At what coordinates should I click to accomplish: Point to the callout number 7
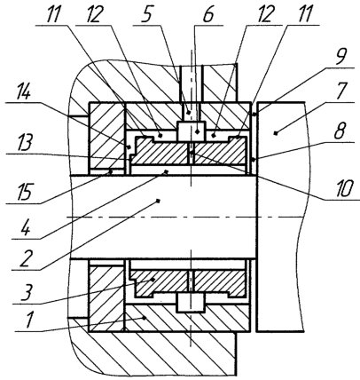tap(341, 91)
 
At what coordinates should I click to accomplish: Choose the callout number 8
tap(340, 131)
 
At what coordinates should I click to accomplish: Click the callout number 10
tap(343, 189)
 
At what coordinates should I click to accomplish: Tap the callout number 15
tap(24, 192)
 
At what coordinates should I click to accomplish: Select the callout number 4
tap(26, 226)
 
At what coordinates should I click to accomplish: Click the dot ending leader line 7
tap(276, 134)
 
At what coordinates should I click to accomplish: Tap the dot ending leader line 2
tap(158, 201)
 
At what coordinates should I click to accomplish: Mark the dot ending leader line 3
tap(153, 279)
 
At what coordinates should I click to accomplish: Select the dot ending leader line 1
tap(145, 318)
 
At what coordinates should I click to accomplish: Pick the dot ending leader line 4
tap(166, 171)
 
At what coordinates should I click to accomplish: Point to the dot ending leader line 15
tap(110, 171)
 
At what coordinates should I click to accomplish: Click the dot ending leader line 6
tap(197, 131)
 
